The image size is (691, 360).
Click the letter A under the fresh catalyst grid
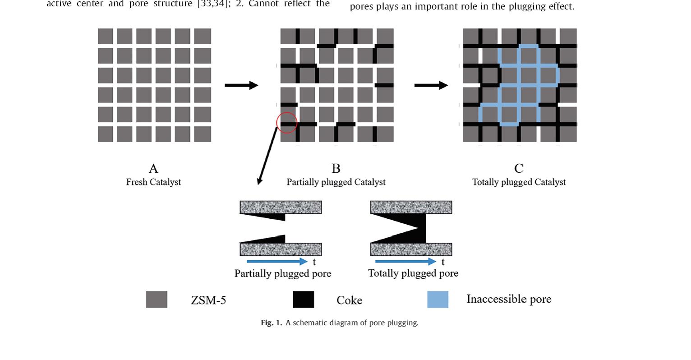click(153, 169)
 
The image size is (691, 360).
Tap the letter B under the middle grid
click(336, 169)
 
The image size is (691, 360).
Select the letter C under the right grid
click(519, 169)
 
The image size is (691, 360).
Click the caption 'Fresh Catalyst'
click(153, 182)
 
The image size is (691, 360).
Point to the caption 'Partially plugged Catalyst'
click(336, 182)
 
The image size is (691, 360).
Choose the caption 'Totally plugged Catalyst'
click(519, 182)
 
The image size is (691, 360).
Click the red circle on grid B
click(286, 122)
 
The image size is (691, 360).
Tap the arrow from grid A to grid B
click(241, 85)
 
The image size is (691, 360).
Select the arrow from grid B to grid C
click(431, 85)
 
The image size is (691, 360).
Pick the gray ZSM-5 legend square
click(157, 300)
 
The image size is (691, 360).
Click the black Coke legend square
click(303, 300)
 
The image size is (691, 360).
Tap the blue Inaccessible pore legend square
click(438, 300)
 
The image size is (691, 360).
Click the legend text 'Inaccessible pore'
click(508, 299)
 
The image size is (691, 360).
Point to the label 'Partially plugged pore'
click(283, 274)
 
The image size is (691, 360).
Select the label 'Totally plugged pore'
click(413, 273)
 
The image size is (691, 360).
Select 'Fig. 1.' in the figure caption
click(271, 323)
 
